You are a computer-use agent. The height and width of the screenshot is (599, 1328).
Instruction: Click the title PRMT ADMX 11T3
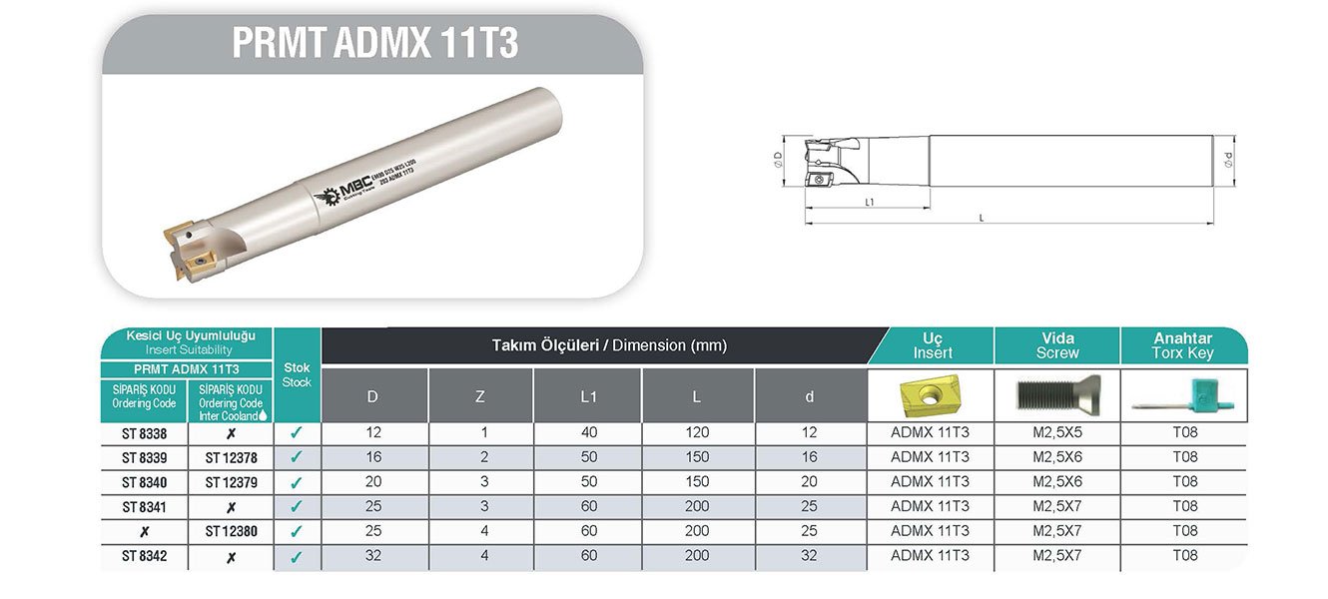pos(374,44)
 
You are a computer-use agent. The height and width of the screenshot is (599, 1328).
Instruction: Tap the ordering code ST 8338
pos(144,433)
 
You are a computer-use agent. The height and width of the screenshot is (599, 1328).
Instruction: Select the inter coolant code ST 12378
pos(231,458)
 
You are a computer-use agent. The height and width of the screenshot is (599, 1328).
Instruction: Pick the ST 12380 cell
pos(231,532)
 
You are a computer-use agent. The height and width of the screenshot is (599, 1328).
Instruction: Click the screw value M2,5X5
pos(1056,433)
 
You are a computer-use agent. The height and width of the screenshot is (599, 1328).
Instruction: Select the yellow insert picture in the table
pos(930,394)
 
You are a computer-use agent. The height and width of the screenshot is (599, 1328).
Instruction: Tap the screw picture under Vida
pos(1056,395)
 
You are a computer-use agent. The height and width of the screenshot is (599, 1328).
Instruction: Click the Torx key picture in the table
pos(1183,396)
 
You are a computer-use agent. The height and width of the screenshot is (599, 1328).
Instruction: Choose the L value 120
pos(697,433)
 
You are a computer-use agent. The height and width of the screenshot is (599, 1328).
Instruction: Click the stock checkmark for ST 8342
pos(297,557)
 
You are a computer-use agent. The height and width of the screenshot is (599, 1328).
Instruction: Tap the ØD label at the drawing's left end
pos(779,160)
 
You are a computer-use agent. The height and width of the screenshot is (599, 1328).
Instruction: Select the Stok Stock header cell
pos(297,375)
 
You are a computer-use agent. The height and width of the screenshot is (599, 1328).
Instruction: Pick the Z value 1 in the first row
pos(480,433)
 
